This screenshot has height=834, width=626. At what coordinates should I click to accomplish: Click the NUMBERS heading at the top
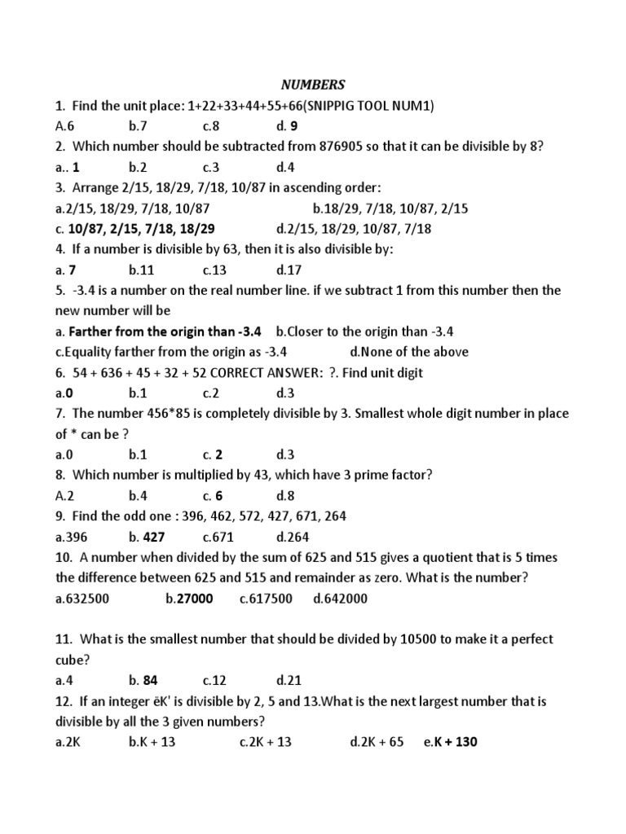coord(313,85)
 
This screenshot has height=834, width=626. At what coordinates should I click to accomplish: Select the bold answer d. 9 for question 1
coord(287,126)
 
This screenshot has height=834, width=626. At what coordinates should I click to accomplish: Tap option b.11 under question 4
coord(141,270)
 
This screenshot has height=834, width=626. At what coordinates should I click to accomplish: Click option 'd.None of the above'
coord(409,352)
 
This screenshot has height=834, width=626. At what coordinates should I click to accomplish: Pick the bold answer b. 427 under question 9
coord(147,537)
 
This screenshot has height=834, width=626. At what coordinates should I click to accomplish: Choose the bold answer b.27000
coord(189,599)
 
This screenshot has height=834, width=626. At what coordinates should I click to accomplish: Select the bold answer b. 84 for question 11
coord(143,681)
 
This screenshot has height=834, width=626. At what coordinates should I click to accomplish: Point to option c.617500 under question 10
coord(266,599)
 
